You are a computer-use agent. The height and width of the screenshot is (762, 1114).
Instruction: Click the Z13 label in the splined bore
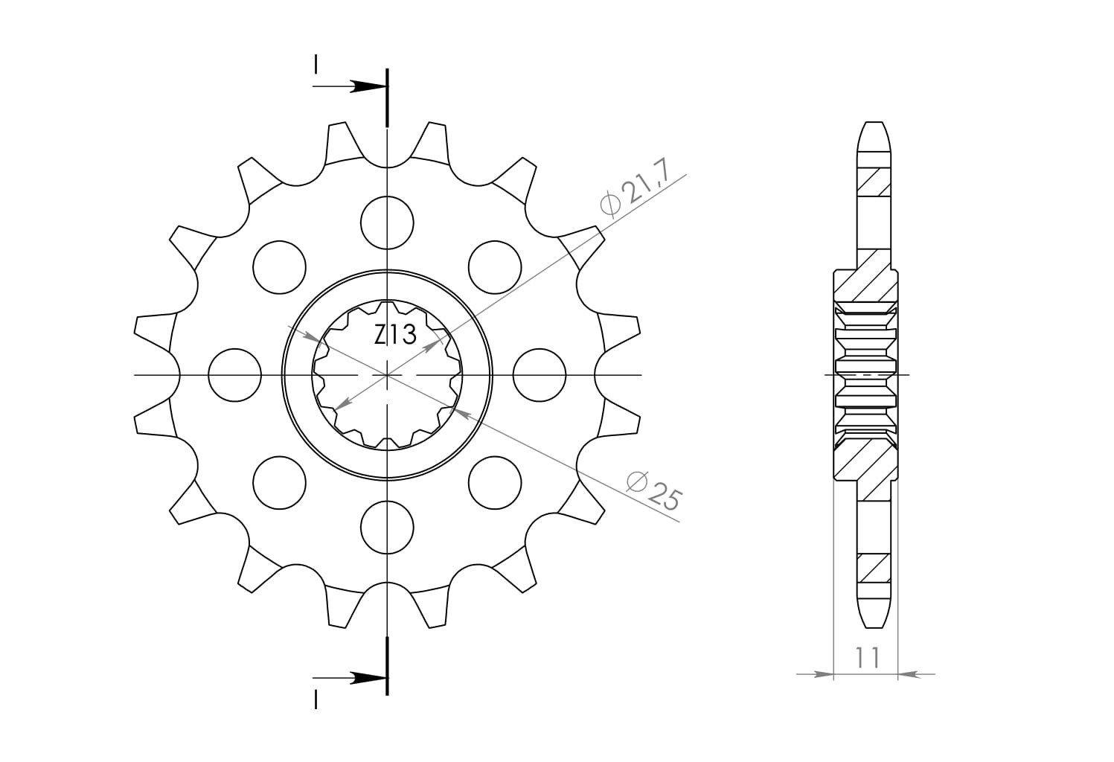(395, 335)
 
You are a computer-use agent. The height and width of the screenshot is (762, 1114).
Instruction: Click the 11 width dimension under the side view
(868, 657)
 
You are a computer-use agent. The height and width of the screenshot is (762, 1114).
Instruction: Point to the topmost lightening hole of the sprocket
(387, 222)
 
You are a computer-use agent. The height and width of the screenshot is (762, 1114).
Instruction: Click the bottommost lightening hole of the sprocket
(387, 528)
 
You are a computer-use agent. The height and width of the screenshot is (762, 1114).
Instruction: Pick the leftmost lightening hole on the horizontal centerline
(234, 375)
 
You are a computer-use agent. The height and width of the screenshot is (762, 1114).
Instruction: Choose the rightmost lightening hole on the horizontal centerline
(539, 375)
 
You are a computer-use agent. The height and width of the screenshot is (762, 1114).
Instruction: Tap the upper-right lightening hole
(495, 267)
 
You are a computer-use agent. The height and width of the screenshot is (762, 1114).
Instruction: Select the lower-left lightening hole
(280, 482)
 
